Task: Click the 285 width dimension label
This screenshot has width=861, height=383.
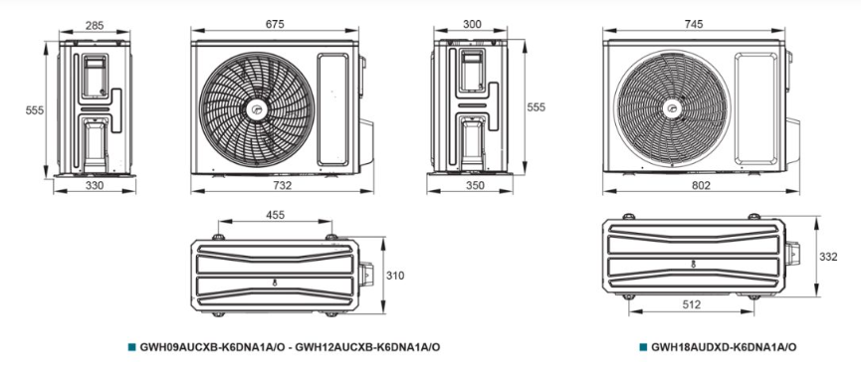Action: [95, 25]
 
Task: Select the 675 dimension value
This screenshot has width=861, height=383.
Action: [275, 24]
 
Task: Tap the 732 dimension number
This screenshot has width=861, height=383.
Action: [282, 185]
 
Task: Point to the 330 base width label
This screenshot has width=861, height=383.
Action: [95, 185]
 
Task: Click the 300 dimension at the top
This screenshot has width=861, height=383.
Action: [472, 24]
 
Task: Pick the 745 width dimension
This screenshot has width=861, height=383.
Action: [694, 24]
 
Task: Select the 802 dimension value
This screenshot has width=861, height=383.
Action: [701, 185]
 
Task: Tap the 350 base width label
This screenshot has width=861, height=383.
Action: [475, 185]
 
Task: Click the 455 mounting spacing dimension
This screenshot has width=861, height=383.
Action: [275, 215]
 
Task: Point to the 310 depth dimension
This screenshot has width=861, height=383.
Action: [395, 276]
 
